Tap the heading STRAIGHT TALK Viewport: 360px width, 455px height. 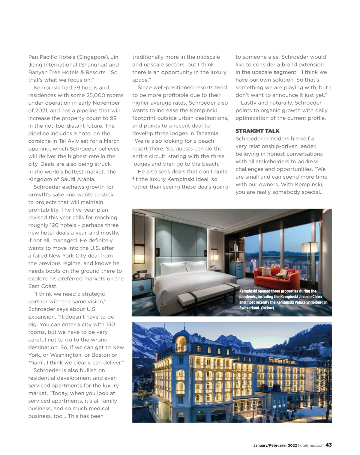click(x=257, y=131)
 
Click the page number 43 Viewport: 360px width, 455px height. click(x=329, y=445)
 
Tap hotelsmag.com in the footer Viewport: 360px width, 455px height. click(x=311, y=445)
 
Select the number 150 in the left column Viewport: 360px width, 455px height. click(x=110, y=325)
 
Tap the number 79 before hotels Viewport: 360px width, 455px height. click(x=77, y=88)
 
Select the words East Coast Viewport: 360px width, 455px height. click(x=43, y=286)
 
